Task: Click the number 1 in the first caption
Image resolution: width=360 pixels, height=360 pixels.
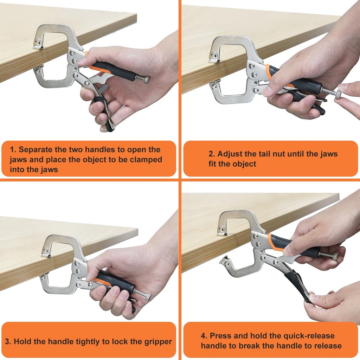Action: tap(13, 149)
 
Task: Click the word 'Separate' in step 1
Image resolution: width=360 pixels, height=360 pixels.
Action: tap(34, 149)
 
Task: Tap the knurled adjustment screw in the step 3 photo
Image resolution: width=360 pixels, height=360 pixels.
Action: tap(147, 296)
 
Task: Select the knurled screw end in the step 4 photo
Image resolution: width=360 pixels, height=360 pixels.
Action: tap(333, 256)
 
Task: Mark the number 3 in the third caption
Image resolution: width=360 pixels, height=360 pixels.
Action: tap(7, 341)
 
